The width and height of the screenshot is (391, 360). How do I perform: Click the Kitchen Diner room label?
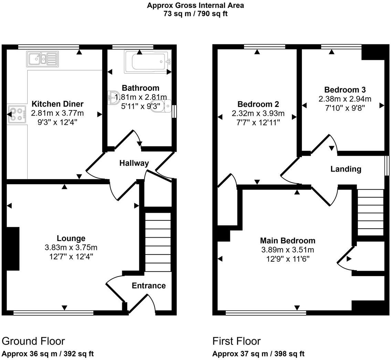coord(57,103)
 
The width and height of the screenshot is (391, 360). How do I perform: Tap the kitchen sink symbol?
coord(42,59)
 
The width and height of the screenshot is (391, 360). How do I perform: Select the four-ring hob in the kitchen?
coord(17,114)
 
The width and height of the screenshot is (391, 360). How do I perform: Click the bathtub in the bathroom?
coord(148,61)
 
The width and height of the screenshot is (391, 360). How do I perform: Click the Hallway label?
coord(134,163)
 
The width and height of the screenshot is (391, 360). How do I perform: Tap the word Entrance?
coord(149,285)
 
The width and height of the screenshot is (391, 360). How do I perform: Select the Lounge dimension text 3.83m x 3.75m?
coord(71,247)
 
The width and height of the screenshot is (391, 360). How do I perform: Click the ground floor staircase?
coord(158,242)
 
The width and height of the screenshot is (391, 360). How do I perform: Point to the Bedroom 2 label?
coord(258,104)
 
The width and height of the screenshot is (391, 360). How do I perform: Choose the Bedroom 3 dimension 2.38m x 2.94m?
coord(345,99)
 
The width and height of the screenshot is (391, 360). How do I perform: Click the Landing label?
coord(346,169)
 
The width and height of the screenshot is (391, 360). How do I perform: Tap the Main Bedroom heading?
coord(287,240)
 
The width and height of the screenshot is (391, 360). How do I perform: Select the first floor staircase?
coord(371,212)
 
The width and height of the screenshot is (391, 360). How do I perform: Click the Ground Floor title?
coord(33,341)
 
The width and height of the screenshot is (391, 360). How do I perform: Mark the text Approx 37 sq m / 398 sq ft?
coord(258,354)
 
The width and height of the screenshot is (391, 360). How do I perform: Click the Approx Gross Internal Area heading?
coord(195,5)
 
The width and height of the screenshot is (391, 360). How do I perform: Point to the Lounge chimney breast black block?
coord(13,249)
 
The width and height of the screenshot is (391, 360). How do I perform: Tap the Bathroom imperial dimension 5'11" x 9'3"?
coord(140,106)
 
